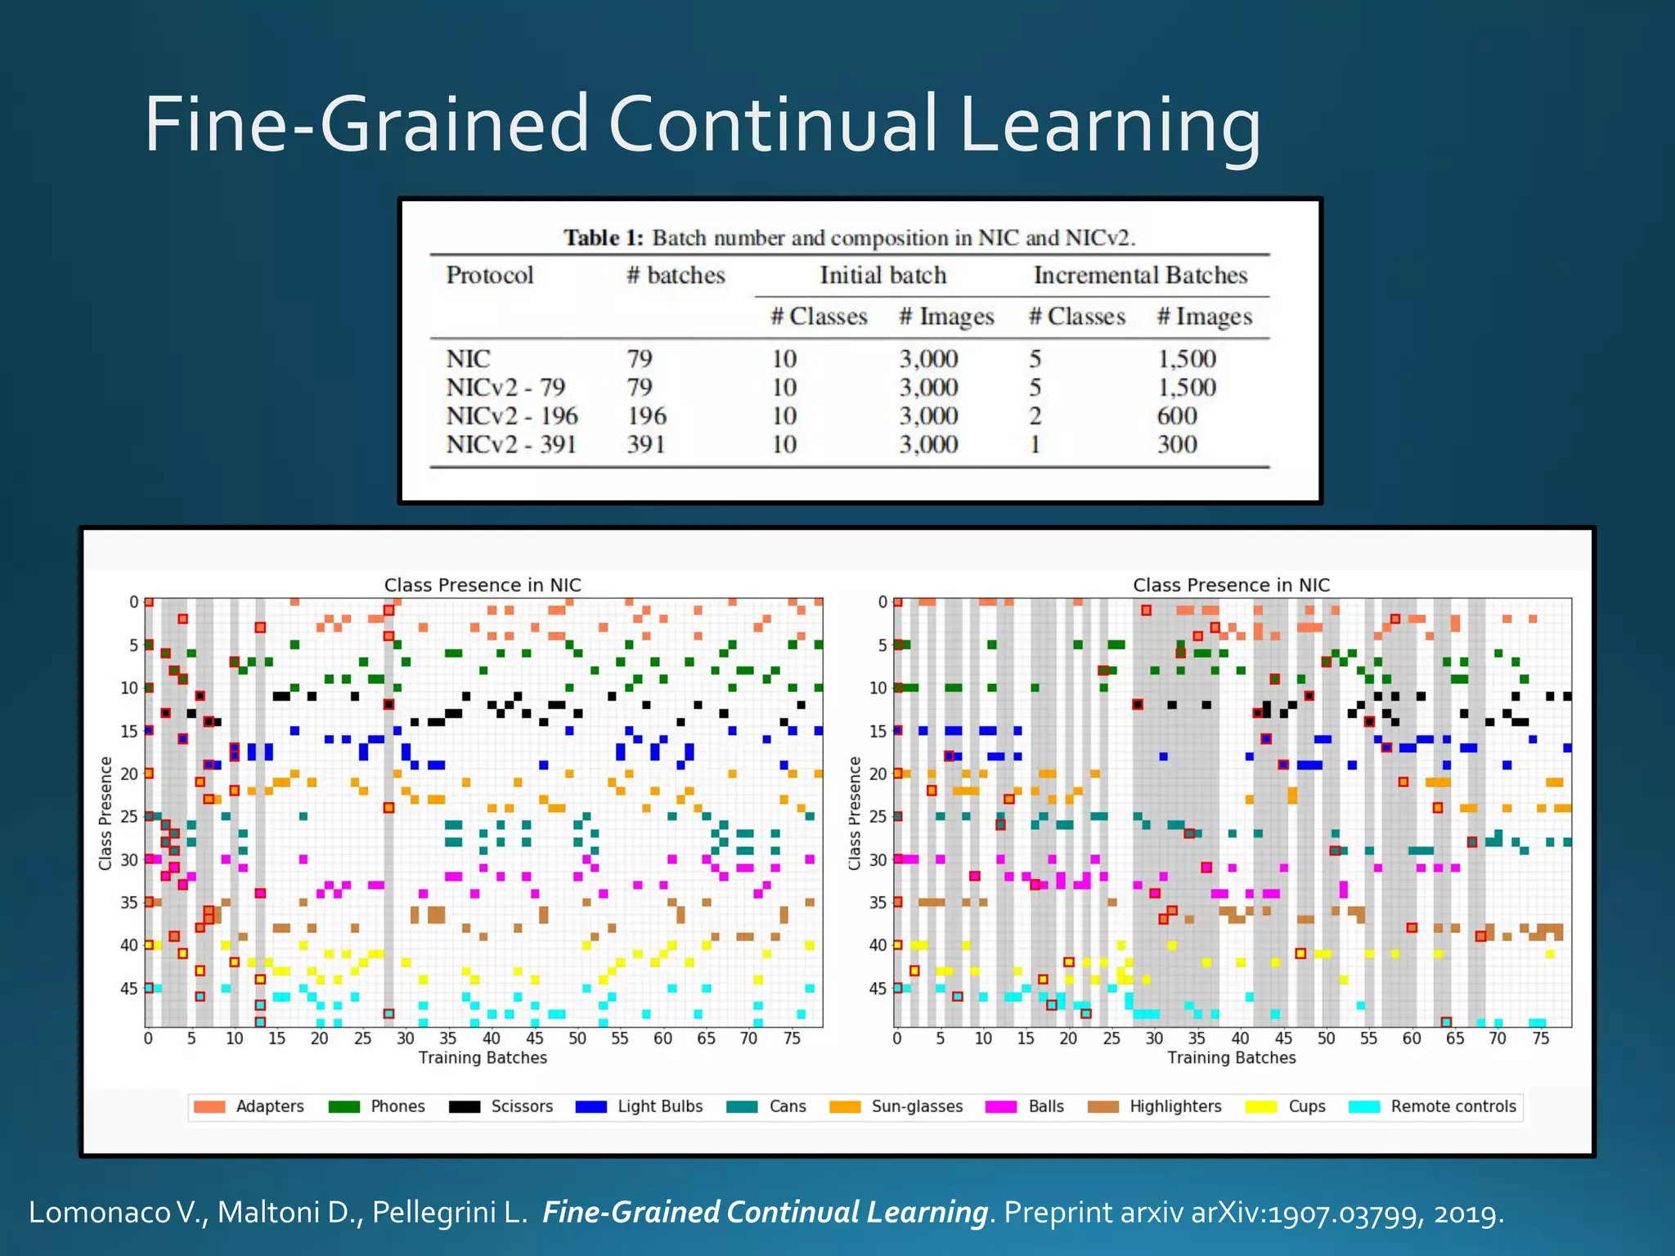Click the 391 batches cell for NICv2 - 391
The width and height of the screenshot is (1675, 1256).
(x=645, y=445)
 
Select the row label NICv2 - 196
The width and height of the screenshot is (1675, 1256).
(x=512, y=416)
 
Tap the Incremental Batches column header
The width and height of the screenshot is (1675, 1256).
(x=1140, y=276)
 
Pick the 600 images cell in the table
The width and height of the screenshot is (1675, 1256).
(x=1176, y=416)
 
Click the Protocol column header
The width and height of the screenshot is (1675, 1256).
(x=489, y=276)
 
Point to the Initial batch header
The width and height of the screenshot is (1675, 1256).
(x=882, y=276)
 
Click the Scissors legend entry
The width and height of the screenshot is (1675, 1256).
(x=521, y=1106)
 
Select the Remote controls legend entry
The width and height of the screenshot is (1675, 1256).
(x=1453, y=1106)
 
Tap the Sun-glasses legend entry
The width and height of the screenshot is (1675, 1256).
(x=916, y=1106)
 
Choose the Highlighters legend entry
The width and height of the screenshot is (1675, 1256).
(x=1174, y=1106)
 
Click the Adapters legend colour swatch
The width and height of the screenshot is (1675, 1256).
(x=209, y=1107)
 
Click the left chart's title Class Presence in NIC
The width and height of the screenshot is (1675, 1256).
(x=483, y=585)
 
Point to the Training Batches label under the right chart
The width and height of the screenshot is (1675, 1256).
(x=1231, y=1057)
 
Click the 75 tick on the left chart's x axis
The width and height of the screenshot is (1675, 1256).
(x=792, y=1038)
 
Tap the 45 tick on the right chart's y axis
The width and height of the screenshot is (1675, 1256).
(x=877, y=989)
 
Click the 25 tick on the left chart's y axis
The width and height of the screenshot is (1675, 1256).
(x=128, y=816)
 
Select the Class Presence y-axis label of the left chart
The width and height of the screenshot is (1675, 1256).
(x=106, y=813)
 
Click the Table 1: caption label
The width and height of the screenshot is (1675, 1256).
(x=604, y=238)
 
